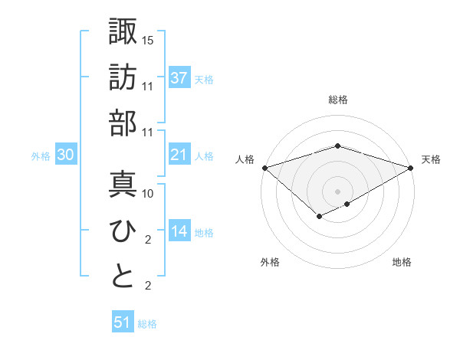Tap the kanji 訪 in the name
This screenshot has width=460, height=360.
[123, 77]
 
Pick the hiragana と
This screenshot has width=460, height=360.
[123, 277]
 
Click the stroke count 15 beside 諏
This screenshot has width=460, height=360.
[149, 39]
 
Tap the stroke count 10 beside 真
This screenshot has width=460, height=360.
[149, 193]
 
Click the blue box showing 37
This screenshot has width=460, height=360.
[179, 77]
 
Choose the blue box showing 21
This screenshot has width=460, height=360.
[179, 155]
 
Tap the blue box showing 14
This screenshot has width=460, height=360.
[179, 231]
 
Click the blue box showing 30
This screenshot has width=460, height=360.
[66, 155]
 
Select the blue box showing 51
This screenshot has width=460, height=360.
[123, 322]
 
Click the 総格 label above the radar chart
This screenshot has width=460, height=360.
[337, 100]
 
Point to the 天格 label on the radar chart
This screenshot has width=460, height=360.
[431, 159]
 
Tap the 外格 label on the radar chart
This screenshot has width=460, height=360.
[269, 262]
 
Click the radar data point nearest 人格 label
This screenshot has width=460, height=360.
[264, 167]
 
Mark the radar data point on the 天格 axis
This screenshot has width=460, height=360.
[411, 167]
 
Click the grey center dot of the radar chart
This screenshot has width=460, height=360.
[337, 191]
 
